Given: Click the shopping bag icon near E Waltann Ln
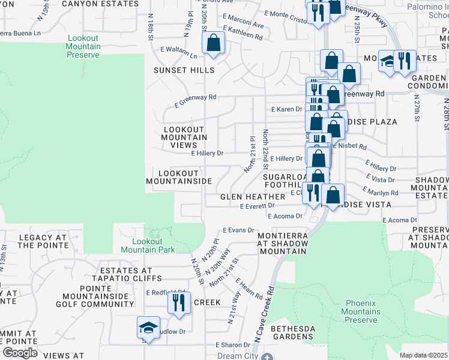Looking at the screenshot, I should (213, 43).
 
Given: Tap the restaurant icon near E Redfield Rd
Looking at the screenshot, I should (179, 302).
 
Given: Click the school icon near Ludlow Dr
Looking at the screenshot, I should (148, 328).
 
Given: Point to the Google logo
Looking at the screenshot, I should (20, 353).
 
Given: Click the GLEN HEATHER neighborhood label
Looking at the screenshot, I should (252, 197).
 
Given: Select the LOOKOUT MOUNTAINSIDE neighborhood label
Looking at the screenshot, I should (179, 176).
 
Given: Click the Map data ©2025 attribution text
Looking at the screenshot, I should (423, 355).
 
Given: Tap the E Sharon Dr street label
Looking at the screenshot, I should (233, 345).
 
